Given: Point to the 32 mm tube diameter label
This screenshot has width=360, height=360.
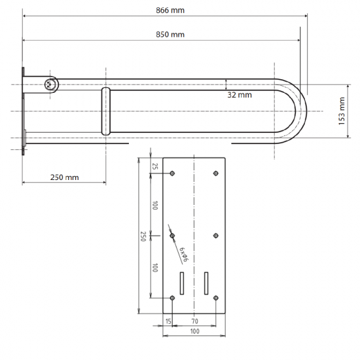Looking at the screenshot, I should click(240, 95).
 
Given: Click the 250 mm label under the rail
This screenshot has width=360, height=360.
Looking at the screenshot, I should click(63, 177).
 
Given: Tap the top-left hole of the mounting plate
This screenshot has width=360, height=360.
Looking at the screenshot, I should click(172, 173).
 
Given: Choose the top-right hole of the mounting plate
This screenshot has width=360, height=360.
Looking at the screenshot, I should click(216, 173).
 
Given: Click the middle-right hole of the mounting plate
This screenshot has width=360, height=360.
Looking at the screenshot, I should click(216, 236).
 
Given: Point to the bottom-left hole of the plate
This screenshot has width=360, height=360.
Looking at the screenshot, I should click(172, 298).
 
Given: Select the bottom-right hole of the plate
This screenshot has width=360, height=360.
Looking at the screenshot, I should click(216, 298).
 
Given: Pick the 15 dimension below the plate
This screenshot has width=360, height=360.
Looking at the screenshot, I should click(168, 321).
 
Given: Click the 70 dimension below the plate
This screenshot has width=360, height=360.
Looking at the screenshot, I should click(194, 321).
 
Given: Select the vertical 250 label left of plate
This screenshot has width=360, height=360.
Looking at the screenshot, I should click(143, 236).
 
